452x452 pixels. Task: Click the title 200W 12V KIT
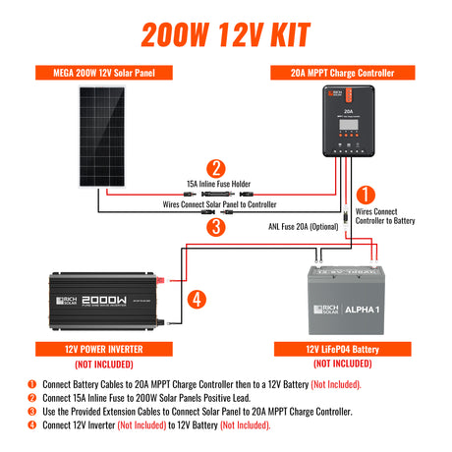coord(226,31)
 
